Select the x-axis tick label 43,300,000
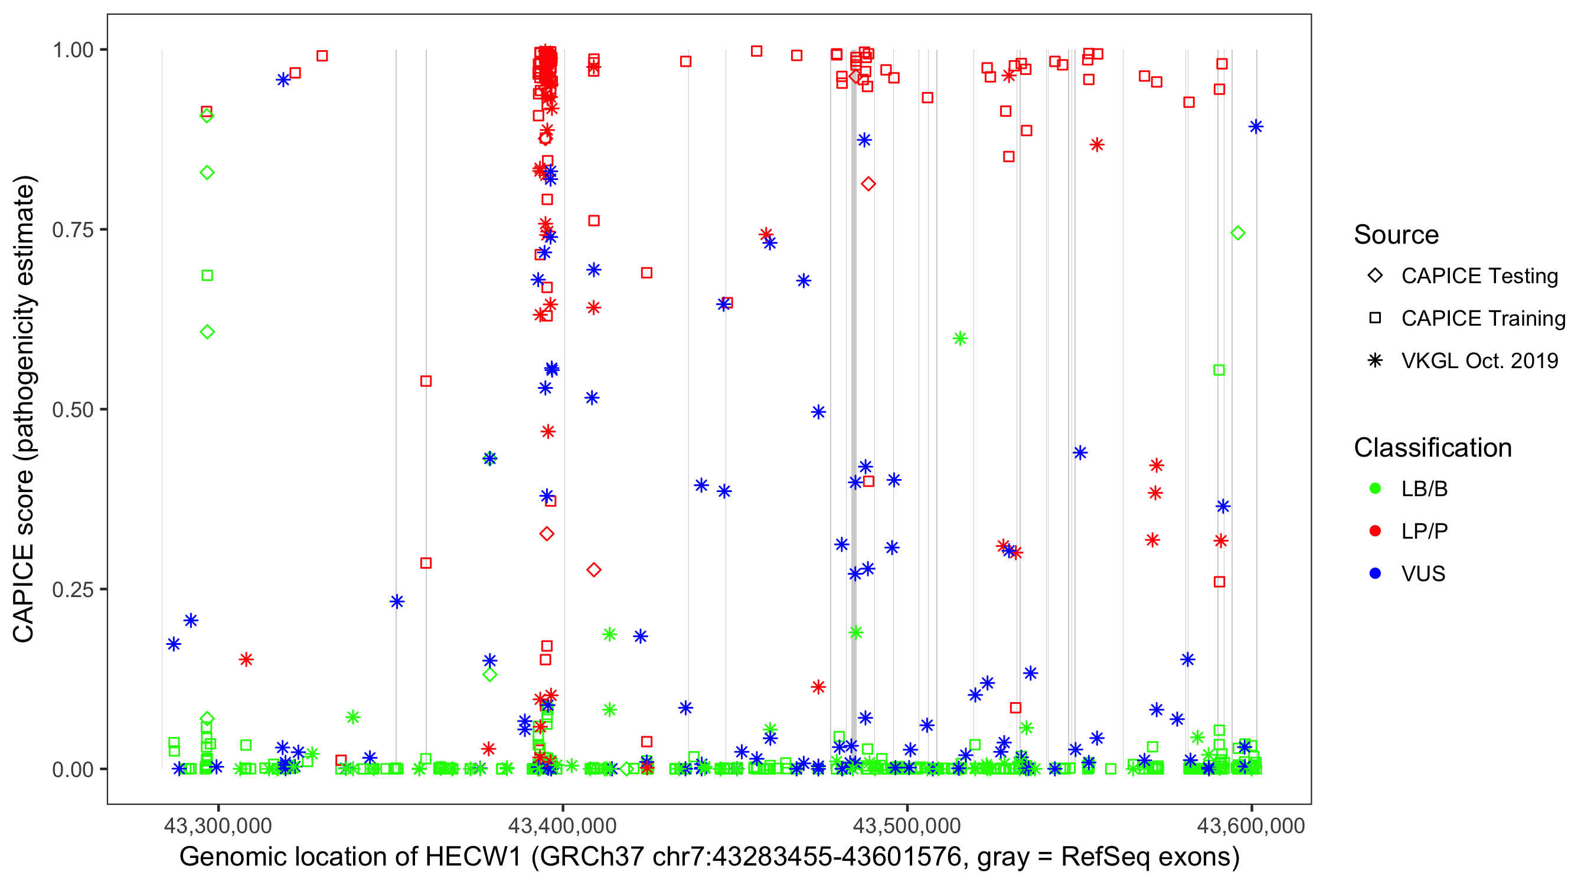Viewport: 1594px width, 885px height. coord(218,825)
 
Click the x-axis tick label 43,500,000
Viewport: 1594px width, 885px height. coord(907,825)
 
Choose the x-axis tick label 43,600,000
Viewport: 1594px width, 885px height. coord(1251,825)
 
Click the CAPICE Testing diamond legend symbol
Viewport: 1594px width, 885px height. coord(1376,276)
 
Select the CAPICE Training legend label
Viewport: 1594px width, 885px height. coord(1483,319)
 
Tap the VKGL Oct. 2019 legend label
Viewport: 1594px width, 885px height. coord(1479,361)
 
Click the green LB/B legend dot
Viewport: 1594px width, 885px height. coord(1376,489)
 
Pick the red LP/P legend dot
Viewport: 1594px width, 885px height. coord(1376,531)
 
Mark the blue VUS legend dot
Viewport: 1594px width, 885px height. coord(1376,574)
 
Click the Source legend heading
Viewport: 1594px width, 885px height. coord(1396,235)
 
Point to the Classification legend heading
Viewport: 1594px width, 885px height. coord(1432,448)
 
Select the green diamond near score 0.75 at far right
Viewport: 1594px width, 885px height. coord(1237,233)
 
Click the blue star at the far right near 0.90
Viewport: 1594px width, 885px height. coord(1256,127)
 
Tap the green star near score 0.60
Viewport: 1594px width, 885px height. coord(960,338)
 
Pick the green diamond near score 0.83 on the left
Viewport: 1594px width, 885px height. coord(207,172)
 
